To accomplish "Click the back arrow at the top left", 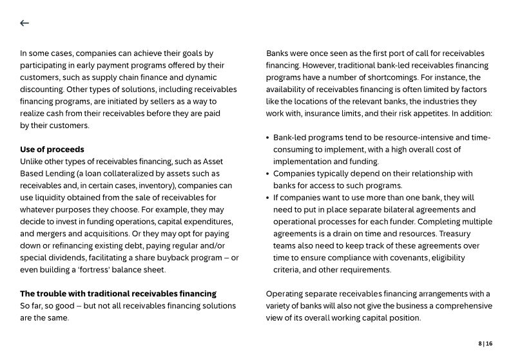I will pos(24,23).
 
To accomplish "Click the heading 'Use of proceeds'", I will pos(52,149).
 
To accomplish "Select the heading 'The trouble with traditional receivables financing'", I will pos(118,294).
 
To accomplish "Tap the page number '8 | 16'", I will pos(485,344).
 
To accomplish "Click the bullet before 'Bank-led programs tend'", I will pos(268,138).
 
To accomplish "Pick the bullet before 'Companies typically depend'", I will pos(268,174).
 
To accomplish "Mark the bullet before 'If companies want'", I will pos(268,198).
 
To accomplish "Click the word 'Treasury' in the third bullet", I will pos(474,234).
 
